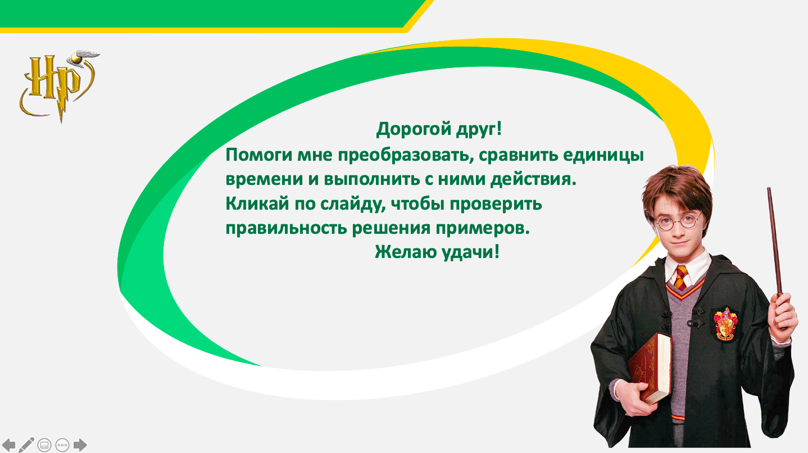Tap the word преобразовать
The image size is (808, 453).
coord(406,156)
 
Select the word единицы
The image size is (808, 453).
coord(603,156)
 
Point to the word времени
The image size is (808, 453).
coord(264,180)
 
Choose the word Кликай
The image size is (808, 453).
coord(257,204)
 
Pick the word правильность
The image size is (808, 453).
coord(287,228)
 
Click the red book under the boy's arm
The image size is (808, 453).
coord(650,368)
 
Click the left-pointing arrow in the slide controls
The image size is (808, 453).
coord(8,445)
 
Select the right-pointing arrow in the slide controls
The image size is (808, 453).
coord(80,445)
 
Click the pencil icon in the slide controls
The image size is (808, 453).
coord(26,445)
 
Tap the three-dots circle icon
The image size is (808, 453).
coord(62,445)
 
